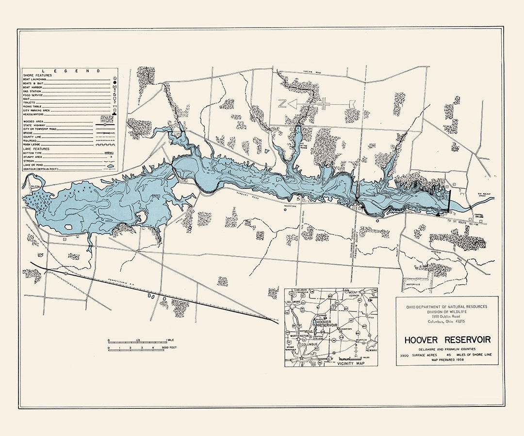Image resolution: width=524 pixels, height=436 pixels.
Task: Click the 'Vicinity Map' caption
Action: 353,362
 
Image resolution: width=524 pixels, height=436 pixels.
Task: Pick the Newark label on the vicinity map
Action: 372,348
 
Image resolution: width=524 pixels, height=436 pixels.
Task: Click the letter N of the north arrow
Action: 281,103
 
